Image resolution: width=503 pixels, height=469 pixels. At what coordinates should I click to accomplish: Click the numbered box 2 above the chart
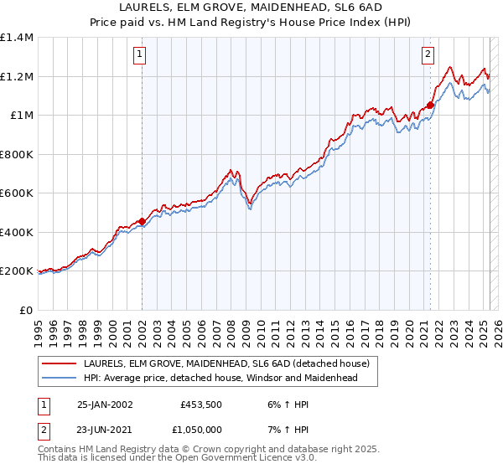pyautogui.click(x=428, y=55)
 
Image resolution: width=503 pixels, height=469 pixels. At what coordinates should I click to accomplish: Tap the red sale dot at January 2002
pyautogui.click(x=142, y=222)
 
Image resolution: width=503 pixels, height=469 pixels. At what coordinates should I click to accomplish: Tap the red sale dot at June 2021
pyautogui.click(x=430, y=106)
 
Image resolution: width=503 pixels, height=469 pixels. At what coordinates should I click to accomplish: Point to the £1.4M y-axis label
pyautogui.click(x=17, y=38)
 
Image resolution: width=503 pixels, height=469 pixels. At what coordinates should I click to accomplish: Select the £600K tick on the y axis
pyautogui.click(x=17, y=193)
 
